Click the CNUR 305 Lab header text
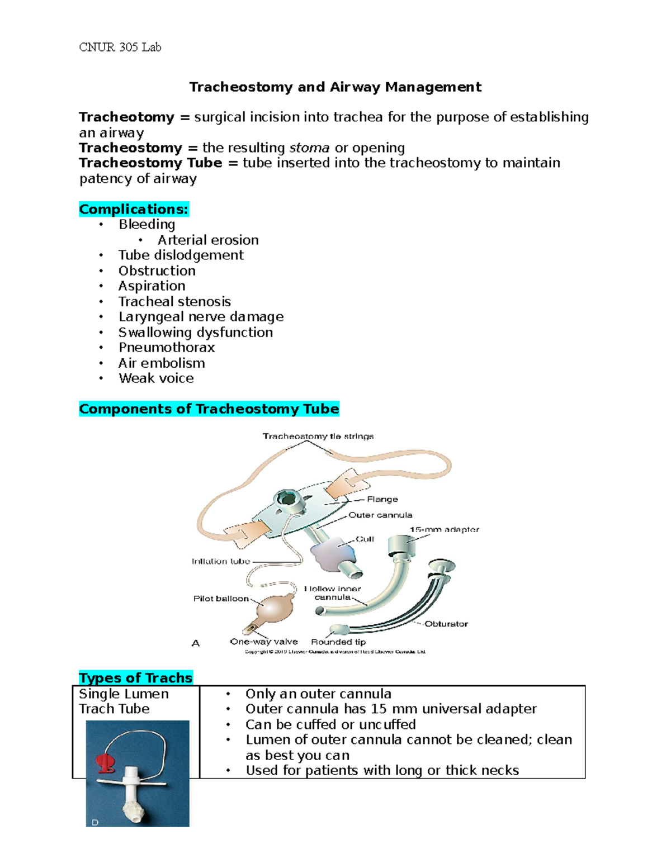click(x=120, y=48)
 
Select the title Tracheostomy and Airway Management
click(x=335, y=87)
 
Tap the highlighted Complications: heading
click(x=134, y=209)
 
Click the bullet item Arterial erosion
click(x=207, y=240)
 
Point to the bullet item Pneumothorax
click(x=166, y=348)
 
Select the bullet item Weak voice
click(x=156, y=378)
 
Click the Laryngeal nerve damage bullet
click(x=201, y=317)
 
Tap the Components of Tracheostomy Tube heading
click(x=209, y=409)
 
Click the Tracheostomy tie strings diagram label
click(x=318, y=436)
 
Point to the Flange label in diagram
click(x=382, y=499)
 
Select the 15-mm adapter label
click(x=444, y=529)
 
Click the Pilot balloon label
click(x=221, y=599)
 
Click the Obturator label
click(x=446, y=624)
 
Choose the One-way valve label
click(x=264, y=642)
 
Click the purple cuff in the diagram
click(x=333, y=553)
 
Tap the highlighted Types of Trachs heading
click(x=135, y=678)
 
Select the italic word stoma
click(x=309, y=148)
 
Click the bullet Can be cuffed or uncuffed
click(x=330, y=724)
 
